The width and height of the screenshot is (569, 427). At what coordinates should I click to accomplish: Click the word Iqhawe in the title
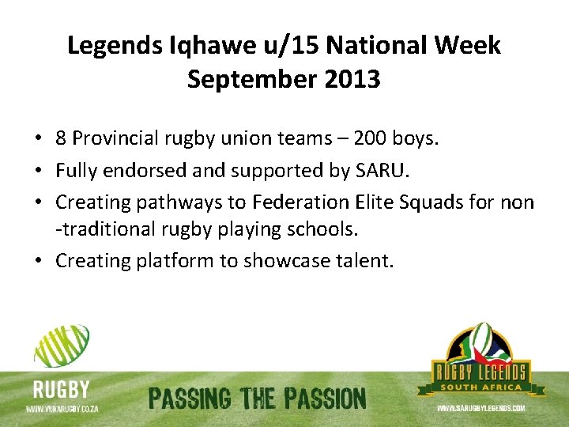(194, 46)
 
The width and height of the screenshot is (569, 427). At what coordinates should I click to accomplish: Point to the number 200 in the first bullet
(371, 138)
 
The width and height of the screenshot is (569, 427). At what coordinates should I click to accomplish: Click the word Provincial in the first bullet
(116, 138)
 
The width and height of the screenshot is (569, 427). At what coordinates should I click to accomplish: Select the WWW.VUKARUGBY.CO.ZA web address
(61, 409)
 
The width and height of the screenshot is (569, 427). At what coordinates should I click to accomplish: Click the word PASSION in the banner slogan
(321, 399)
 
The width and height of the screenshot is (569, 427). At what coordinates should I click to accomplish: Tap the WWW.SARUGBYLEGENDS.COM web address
(481, 408)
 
